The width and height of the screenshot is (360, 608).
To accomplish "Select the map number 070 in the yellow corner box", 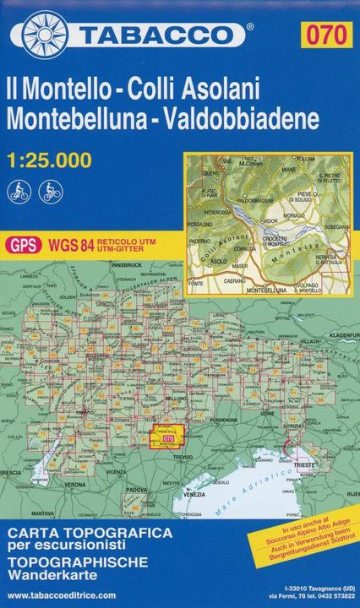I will [x=329, y=35].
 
